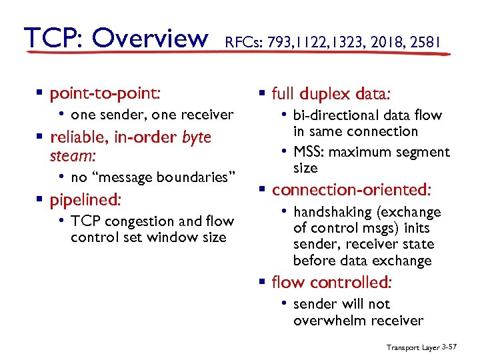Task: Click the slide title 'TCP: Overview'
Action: point(115,38)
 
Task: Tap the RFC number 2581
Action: point(425,43)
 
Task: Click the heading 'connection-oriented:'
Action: point(351,190)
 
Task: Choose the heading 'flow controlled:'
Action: point(331,282)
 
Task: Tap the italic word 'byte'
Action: point(196,137)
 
